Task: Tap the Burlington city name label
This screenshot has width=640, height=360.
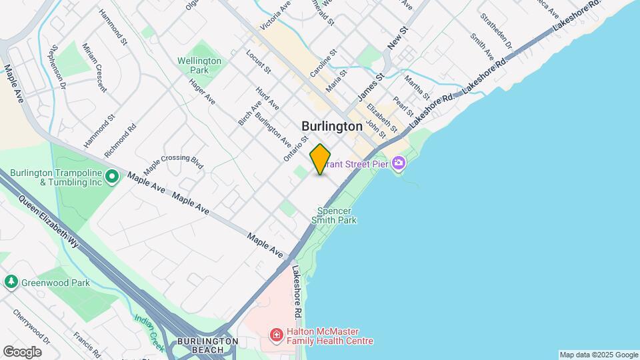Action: click(332, 125)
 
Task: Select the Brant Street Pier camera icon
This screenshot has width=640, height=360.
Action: click(399, 163)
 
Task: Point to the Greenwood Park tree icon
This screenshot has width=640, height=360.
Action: click(11, 282)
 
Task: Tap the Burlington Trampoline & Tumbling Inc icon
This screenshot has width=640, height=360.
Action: click(112, 177)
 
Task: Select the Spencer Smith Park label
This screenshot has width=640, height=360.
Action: click(337, 215)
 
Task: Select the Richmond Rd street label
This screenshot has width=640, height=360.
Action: click(121, 139)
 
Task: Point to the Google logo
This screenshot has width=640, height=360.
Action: click(22, 351)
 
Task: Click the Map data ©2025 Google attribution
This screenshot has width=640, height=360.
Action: click(598, 355)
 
